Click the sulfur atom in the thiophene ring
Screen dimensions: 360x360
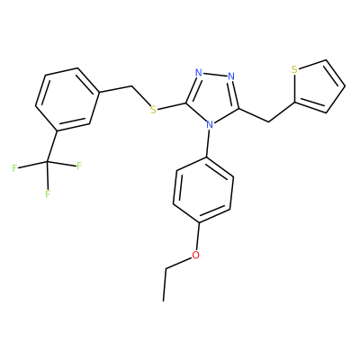point(294,70)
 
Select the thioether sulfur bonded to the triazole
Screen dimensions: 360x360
point(153,110)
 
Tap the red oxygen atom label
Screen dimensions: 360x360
point(195,256)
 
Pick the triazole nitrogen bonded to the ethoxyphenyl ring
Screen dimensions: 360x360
point(210,125)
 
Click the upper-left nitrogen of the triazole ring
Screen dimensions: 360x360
point(198,72)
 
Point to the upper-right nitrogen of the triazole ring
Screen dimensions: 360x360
point(231,76)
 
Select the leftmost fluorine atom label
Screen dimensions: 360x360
point(14,168)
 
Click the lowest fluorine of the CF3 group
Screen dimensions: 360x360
point(48,193)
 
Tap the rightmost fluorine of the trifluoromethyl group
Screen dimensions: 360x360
point(79,166)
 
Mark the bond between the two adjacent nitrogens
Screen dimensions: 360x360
point(215,74)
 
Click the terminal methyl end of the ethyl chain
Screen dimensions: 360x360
point(164,301)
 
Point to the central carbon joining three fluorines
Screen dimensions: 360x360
point(47,163)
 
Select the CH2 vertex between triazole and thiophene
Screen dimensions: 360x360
point(268,121)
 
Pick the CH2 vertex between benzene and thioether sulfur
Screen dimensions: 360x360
point(131,86)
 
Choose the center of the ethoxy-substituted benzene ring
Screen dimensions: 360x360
point(203,190)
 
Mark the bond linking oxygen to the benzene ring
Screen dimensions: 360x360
point(198,237)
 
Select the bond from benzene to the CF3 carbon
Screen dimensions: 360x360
point(52,147)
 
